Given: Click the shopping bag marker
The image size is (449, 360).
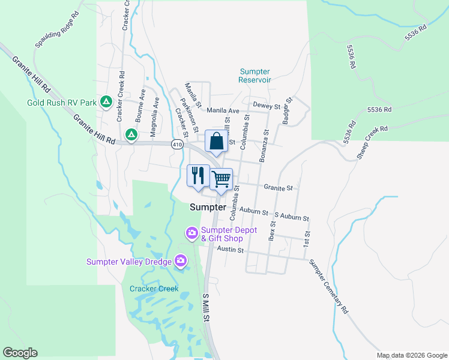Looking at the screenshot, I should coord(216,142).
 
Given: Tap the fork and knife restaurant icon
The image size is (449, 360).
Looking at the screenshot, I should coord(198,176).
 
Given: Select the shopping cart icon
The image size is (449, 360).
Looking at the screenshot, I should coord(221,179).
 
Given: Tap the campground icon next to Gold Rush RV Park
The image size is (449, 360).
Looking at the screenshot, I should coord(106,102).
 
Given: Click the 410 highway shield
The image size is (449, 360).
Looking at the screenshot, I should coord(176,144).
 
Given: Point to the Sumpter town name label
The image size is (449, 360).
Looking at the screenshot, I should coord(208,207).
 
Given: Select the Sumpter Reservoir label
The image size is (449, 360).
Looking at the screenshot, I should coord(255,76).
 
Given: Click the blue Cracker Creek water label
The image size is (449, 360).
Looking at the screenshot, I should coord(154,289).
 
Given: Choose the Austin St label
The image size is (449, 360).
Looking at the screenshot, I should coord(231,249).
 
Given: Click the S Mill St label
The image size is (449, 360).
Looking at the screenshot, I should coord(206,307).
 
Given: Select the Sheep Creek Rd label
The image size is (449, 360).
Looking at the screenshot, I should coord(372,141).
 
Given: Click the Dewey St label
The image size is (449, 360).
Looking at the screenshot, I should coord(267,106).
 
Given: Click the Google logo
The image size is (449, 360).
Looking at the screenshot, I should coord(20,353).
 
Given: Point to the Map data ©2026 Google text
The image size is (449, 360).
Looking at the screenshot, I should coord(412,355).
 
